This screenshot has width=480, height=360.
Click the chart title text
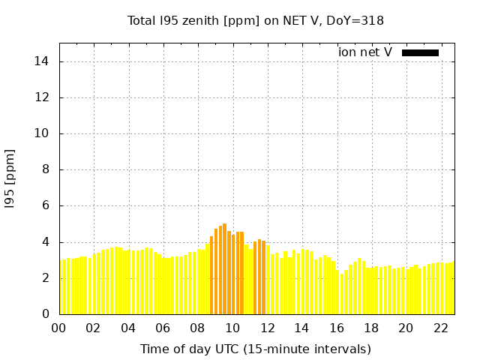(x=255, y=20)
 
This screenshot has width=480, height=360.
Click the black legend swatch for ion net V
(x=420, y=52)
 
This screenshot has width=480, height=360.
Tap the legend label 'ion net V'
(x=365, y=52)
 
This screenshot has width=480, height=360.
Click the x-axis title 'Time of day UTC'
(x=255, y=349)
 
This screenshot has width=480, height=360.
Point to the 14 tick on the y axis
(x=45, y=61)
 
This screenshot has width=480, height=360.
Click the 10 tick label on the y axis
(x=45, y=133)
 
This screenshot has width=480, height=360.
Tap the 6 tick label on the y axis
(x=48, y=205)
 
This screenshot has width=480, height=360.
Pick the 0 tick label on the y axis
(x=48, y=313)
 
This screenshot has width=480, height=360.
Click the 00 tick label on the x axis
(x=58, y=328)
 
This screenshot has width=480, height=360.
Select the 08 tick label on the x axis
(x=197, y=328)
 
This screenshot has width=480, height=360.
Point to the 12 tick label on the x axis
(x=267, y=328)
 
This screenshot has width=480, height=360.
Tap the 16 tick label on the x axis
(x=337, y=328)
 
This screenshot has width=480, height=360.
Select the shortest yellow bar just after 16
(x=342, y=294)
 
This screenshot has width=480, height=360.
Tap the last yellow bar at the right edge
(x=451, y=288)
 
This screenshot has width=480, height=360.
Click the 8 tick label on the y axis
(x=48, y=169)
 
